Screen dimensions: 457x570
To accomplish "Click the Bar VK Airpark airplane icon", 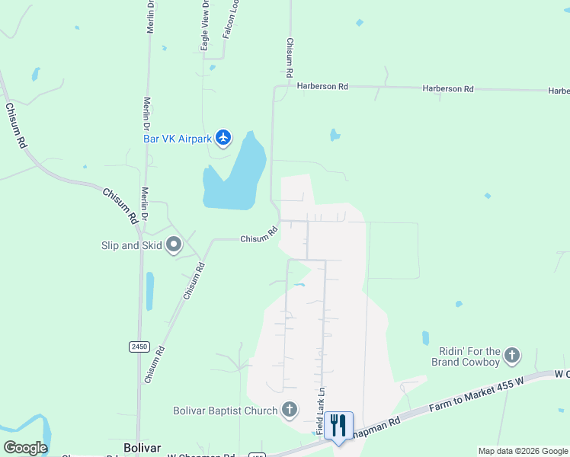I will coord(223,138).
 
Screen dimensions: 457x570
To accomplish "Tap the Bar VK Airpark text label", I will coord(177,139).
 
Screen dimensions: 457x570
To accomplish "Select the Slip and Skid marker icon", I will coord(174,245).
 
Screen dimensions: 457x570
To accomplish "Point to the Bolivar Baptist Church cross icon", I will coord(289,411).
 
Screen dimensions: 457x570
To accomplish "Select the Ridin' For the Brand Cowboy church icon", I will coord(512,356).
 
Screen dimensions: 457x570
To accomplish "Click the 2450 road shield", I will coord(139,347).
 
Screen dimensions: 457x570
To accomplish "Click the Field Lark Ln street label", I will coord(321,412).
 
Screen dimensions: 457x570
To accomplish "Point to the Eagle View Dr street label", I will coord(204,27).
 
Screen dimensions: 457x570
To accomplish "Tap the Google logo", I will coord(25,448).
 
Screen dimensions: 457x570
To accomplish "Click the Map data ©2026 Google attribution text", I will coord(522,451).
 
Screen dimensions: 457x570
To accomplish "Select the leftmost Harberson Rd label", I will coord(322,87).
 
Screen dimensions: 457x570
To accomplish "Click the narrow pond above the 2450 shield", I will coord(149,291).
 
